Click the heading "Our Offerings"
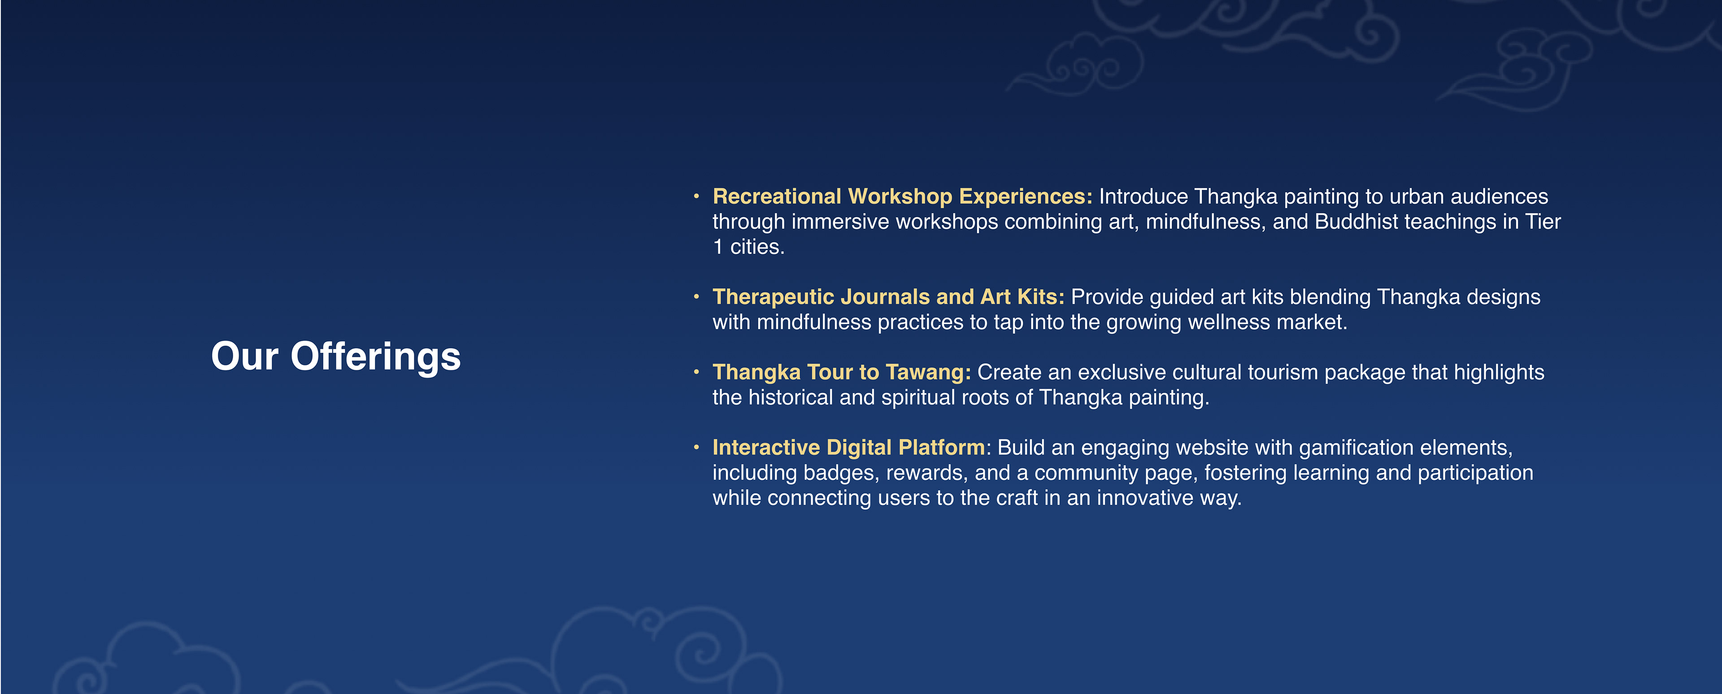335,357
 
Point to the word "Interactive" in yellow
766,447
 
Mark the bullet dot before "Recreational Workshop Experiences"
696,196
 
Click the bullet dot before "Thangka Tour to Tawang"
696,372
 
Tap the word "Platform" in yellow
942,447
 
